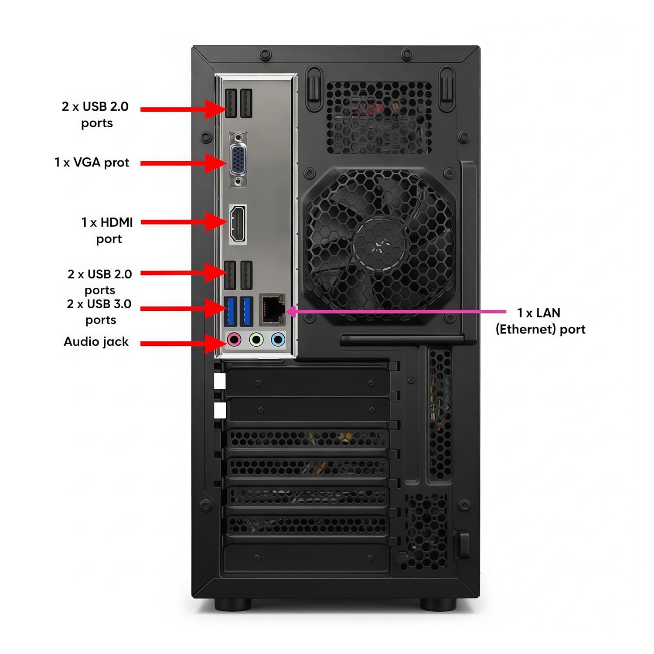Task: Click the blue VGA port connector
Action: coord(238,160)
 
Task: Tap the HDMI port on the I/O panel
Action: coord(238,224)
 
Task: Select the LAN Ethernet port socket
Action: coord(272,310)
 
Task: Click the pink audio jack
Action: coord(235,339)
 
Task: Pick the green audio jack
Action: coord(256,339)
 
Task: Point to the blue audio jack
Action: coord(278,339)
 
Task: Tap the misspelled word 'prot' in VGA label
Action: coord(116,163)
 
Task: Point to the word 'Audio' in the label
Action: coord(80,341)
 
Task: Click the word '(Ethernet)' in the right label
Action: coord(526,329)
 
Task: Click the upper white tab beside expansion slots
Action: coord(220,381)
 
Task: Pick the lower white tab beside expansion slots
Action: coord(220,410)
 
